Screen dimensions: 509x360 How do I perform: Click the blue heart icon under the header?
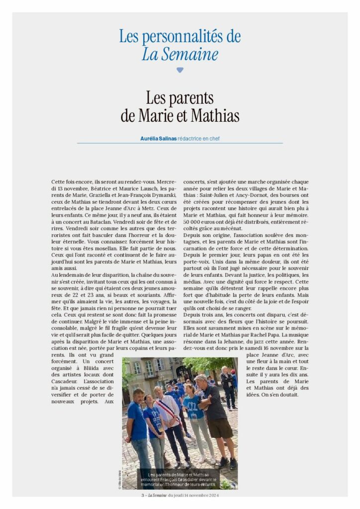pos(180,70)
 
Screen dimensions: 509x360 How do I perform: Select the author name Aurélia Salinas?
pos(159,139)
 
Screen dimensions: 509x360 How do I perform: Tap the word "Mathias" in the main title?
pos(214,115)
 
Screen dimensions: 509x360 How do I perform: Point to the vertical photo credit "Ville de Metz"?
pos(119,480)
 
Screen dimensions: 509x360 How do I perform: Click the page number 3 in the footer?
pos(142,495)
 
